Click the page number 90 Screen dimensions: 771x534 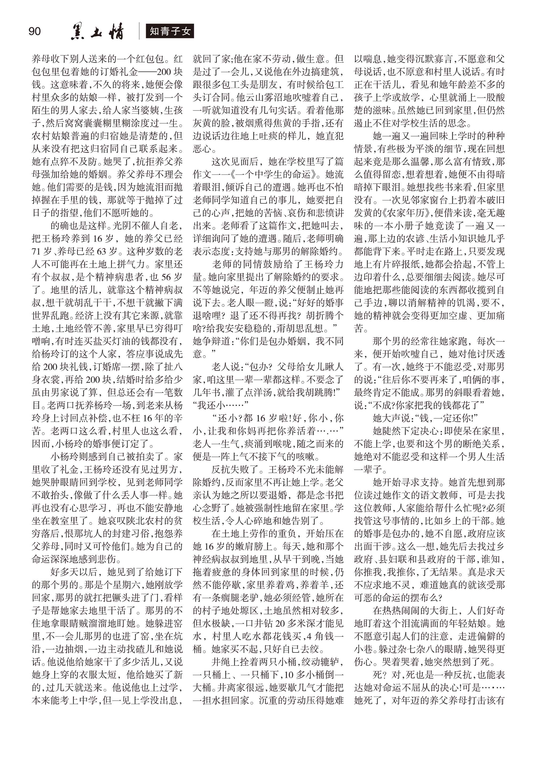pos(35,32)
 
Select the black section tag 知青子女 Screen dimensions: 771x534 pos(170,32)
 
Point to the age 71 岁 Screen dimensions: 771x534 pos(41,251)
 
